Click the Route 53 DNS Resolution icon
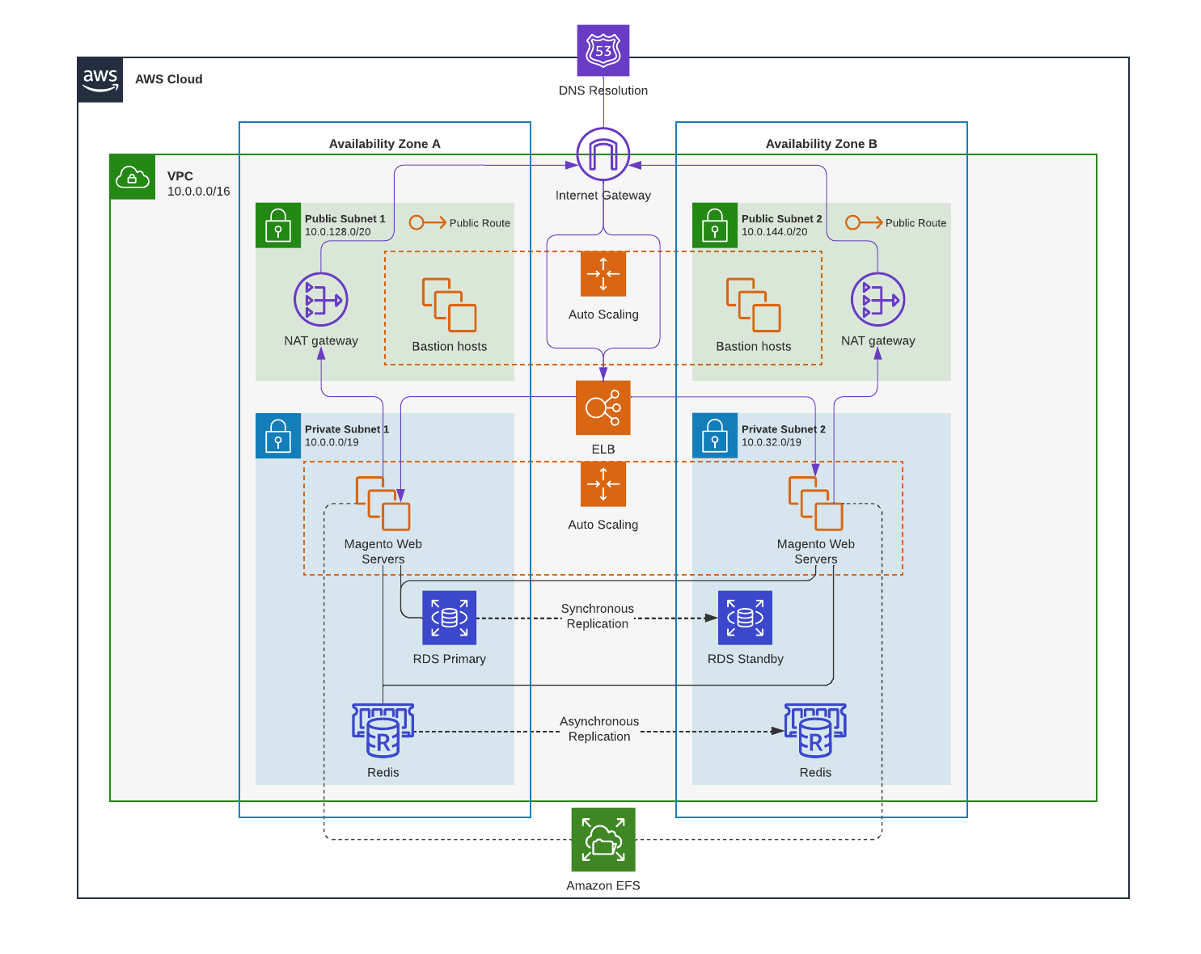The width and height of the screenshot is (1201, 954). coord(603,50)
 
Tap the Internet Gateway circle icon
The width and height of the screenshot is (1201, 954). coord(603,154)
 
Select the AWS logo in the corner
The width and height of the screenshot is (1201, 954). coord(100,79)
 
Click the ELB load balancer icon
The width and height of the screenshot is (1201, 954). coord(603,407)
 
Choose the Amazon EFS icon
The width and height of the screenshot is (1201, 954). coord(603,839)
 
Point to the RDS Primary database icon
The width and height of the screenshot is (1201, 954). coord(449,618)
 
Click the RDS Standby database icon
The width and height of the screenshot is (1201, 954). coord(745,618)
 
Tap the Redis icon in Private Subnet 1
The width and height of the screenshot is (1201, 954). coord(383,730)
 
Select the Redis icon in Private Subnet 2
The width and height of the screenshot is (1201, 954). coord(815,730)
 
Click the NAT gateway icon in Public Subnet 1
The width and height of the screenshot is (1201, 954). coord(321,300)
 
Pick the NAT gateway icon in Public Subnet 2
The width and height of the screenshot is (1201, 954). coord(877,300)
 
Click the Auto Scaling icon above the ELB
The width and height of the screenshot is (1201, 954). coord(603,274)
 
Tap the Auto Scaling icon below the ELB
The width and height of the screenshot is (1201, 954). coord(603,484)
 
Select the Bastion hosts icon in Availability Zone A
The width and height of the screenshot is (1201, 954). coord(449,305)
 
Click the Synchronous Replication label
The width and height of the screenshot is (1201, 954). coord(597,616)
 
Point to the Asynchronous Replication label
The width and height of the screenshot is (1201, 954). coord(598,728)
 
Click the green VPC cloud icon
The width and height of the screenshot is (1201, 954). coord(133,177)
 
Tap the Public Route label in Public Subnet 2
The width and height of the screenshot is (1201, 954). coord(915,223)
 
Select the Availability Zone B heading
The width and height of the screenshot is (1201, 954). coord(821,144)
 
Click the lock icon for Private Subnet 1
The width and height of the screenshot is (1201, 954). coord(278,436)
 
